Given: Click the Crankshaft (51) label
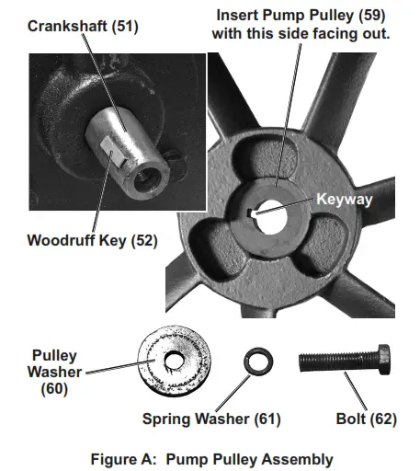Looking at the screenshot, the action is (83, 26).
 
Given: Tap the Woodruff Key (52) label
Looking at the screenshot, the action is (92, 240).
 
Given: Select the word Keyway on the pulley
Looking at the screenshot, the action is (345, 200).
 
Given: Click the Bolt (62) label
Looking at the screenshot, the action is (366, 419).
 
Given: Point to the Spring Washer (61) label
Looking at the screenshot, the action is (211, 419).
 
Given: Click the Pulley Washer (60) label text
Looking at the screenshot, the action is (54, 373).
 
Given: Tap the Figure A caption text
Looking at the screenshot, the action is (212, 459).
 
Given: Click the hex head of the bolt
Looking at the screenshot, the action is (384, 359).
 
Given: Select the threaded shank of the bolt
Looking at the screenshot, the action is (338, 362).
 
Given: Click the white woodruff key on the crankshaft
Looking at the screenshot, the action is (112, 150).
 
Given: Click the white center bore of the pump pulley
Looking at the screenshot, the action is (271, 217).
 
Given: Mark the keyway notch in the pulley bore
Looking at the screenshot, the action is (252, 213).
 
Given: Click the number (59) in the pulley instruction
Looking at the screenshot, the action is (372, 16).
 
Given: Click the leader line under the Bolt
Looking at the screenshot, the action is (356, 391).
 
